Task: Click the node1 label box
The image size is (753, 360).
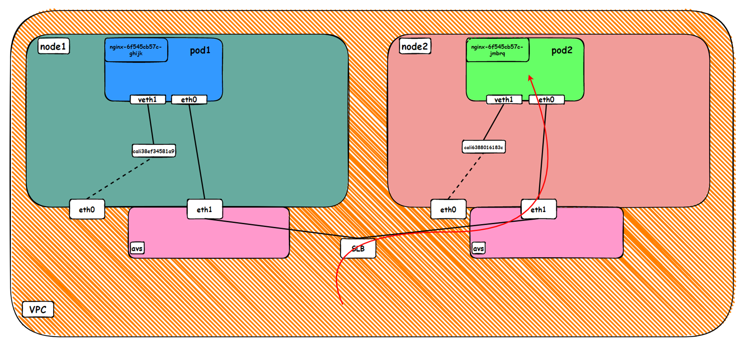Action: pyautogui.click(x=54, y=46)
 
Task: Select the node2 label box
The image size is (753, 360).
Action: pyautogui.click(x=415, y=46)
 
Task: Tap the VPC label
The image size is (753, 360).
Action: pyautogui.click(x=38, y=309)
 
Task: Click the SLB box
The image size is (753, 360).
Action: pyautogui.click(x=358, y=248)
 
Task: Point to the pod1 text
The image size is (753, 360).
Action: pyautogui.click(x=200, y=50)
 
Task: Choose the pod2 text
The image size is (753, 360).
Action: pyautogui.click(x=562, y=50)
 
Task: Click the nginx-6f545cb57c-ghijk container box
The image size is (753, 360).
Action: pyautogui.click(x=136, y=50)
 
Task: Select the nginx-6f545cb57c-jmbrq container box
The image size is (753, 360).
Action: pyautogui.click(x=498, y=50)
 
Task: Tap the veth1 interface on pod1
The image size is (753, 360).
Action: pyautogui.click(x=148, y=99)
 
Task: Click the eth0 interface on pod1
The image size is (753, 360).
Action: pyautogui.click(x=189, y=99)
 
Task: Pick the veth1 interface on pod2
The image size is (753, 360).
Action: pyautogui.click(x=504, y=99)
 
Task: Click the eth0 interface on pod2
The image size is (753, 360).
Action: pyautogui.click(x=546, y=99)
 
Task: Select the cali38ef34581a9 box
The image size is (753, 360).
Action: pyautogui.click(x=154, y=151)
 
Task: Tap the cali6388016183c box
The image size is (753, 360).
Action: pyautogui.click(x=483, y=147)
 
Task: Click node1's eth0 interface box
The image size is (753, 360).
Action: pyautogui.click(x=87, y=209)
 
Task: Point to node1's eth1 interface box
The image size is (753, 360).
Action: pyautogui.click(x=205, y=209)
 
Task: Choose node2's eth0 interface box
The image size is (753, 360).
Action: pyautogui.click(x=448, y=209)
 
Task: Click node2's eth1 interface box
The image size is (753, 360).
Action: pyautogui.click(x=539, y=209)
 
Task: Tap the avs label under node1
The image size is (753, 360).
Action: pyautogui.click(x=137, y=248)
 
